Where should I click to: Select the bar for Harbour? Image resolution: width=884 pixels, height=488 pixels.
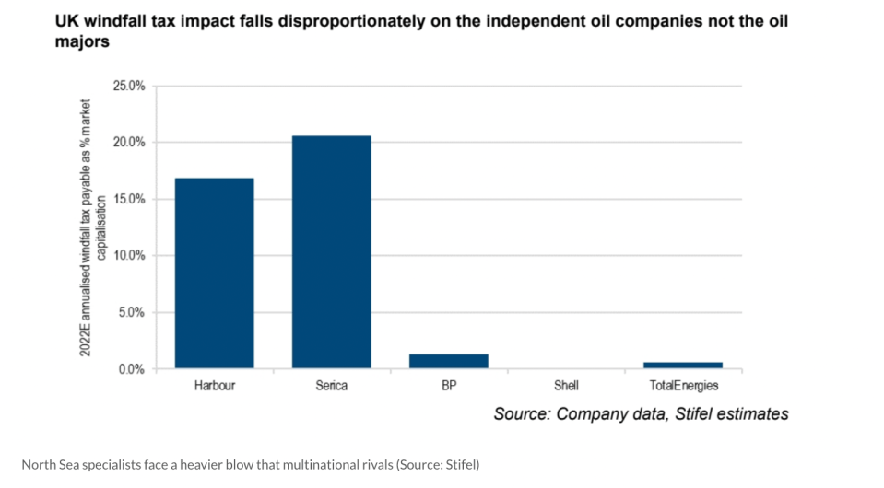click(x=214, y=273)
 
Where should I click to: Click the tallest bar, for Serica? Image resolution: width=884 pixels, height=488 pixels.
click(x=332, y=252)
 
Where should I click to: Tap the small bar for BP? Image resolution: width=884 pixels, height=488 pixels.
click(x=449, y=361)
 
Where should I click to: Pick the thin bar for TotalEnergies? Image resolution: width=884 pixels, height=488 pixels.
click(x=683, y=366)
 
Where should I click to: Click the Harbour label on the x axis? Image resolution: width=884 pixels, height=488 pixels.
click(x=214, y=386)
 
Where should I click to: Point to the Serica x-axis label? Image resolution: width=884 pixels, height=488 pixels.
click(x=332, y=386)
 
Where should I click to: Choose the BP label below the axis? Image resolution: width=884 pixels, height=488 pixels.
click(x=449, y=386)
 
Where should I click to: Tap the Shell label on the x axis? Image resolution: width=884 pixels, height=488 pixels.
click(x=566, y=386)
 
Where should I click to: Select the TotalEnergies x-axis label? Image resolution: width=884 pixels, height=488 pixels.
click(x=684, y=386)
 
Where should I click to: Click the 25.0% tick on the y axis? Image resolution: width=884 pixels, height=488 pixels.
click(x=129, y=87)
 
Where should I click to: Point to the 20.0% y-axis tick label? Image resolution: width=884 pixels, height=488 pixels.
click(x=129, y=143)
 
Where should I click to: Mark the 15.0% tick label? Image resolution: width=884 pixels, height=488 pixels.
click(x=129, y=199)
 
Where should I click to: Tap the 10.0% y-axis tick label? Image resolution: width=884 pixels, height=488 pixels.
click(x=129, y=256)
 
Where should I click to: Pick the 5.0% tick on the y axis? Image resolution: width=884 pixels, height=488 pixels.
click(x=132, y=312)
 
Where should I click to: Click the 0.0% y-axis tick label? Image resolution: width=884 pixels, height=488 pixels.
click(x=132, y=369)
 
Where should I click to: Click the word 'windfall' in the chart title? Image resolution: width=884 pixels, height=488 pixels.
click(x=119, y=21)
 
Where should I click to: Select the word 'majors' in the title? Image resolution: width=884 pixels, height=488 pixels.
click(x=82, y=41)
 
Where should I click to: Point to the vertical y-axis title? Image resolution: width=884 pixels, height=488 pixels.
click(x=92, y=227)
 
